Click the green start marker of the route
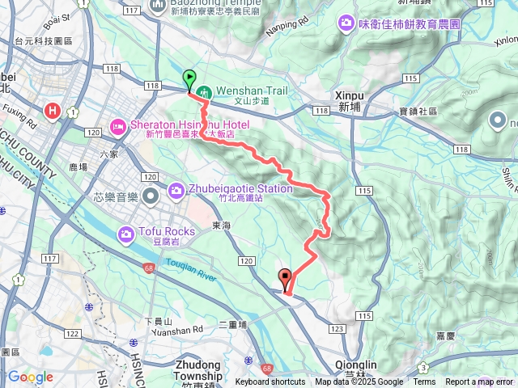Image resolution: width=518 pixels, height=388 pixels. pyautogui.click(x=189, y=79)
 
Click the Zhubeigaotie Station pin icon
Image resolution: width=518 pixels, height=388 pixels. pyautogui.click(x=176, y=191)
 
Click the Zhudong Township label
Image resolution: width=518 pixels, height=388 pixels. pyautogui.click(x=196, y=370)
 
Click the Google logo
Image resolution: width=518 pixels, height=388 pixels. pyautogui.click(x=30, y=377)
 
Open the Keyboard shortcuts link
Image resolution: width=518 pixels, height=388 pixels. pyautogui.click(x=270, y=382)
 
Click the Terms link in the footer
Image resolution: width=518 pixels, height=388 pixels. pyautogui.click(x=424, y=382)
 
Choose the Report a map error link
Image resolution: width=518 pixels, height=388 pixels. pyautogui.click(x=479, y=382)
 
